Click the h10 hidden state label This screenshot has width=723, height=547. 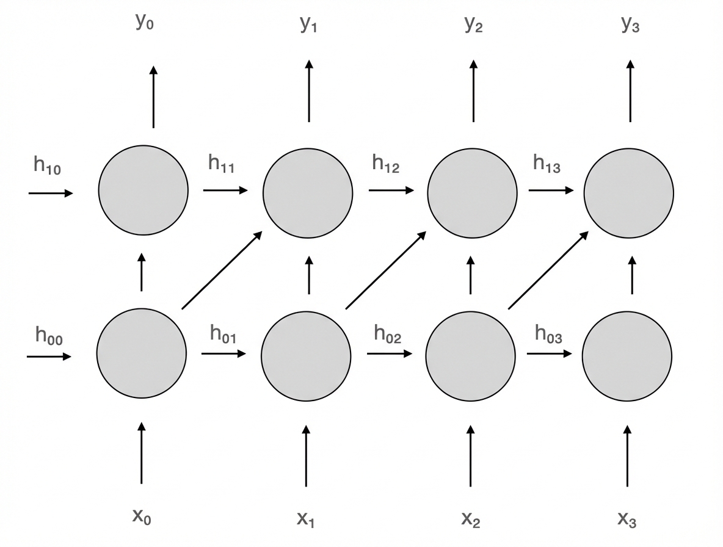[47, 167]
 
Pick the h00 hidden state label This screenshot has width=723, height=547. [48, 335]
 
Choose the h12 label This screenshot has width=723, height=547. [385, 164]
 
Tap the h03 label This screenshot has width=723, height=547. [548, 334]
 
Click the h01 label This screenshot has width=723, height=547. [223, 334]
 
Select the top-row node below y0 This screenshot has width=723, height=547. [144, 190]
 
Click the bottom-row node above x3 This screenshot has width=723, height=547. [627, 355]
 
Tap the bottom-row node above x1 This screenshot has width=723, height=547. [306, 355]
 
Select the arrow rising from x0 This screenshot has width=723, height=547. [142, 452]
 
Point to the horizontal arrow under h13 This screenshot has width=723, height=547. [551, 190]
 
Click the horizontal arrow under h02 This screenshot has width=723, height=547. [389, 353]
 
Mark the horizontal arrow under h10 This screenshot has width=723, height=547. [50, 193]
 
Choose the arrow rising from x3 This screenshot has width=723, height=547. [627, 455]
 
